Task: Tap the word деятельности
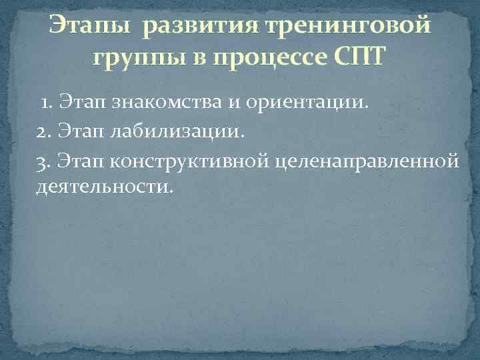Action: click(x=104, y=188)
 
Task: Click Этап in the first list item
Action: click(x=79, y=103)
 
